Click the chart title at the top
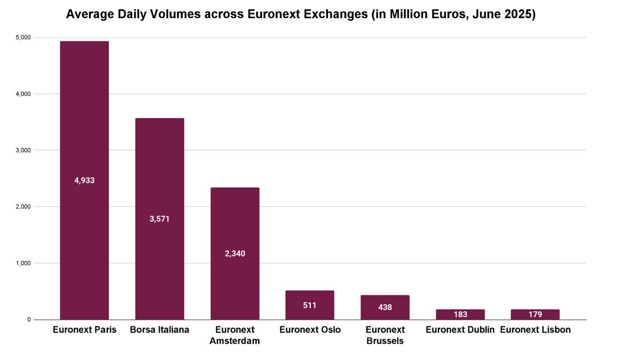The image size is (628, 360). pyautogui.click(x=301, y=14)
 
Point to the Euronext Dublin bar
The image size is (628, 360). pyautogui.click(x=460, y=314)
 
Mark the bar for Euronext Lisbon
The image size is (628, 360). pyautogui.click(x=535, y=314)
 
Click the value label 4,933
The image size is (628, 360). pyautogui.click(x=84, y=181)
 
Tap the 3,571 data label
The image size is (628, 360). pyautogui.click(x=160, y=219)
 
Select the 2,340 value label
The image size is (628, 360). pyautogui.click(x=235, y=253)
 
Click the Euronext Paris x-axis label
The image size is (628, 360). pyautogui.click(x=84, y=330)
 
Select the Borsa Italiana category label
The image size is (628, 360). pyautogui.click(x=160, y=330)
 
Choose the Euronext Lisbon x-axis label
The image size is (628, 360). pyautogui.click(x=535, y=330)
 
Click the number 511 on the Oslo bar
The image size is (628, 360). pyautogui.click(x=310, y=305)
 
